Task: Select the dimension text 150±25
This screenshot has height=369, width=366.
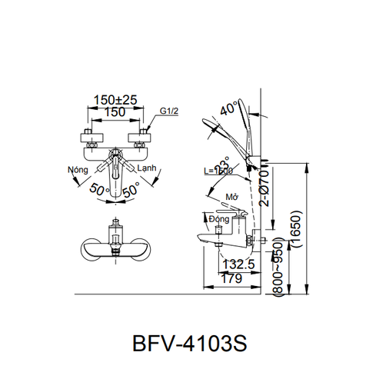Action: pyautogui.click(x=115, y=100)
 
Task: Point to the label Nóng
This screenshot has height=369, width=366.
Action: pyautogui.click(x=77, y=169)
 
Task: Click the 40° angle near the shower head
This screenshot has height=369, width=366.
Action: pyautogui.click(x=227, y=111)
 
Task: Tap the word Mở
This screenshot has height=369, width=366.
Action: pyautogui.click(x=230, y=198)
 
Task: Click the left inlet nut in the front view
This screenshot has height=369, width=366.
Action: pyautogui.click(x=90, y=140)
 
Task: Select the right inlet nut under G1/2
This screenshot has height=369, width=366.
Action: pyautogui.click(x=141, y=140)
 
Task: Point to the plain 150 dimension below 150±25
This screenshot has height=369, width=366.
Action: pyautogui.click(x=115, y=113)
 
